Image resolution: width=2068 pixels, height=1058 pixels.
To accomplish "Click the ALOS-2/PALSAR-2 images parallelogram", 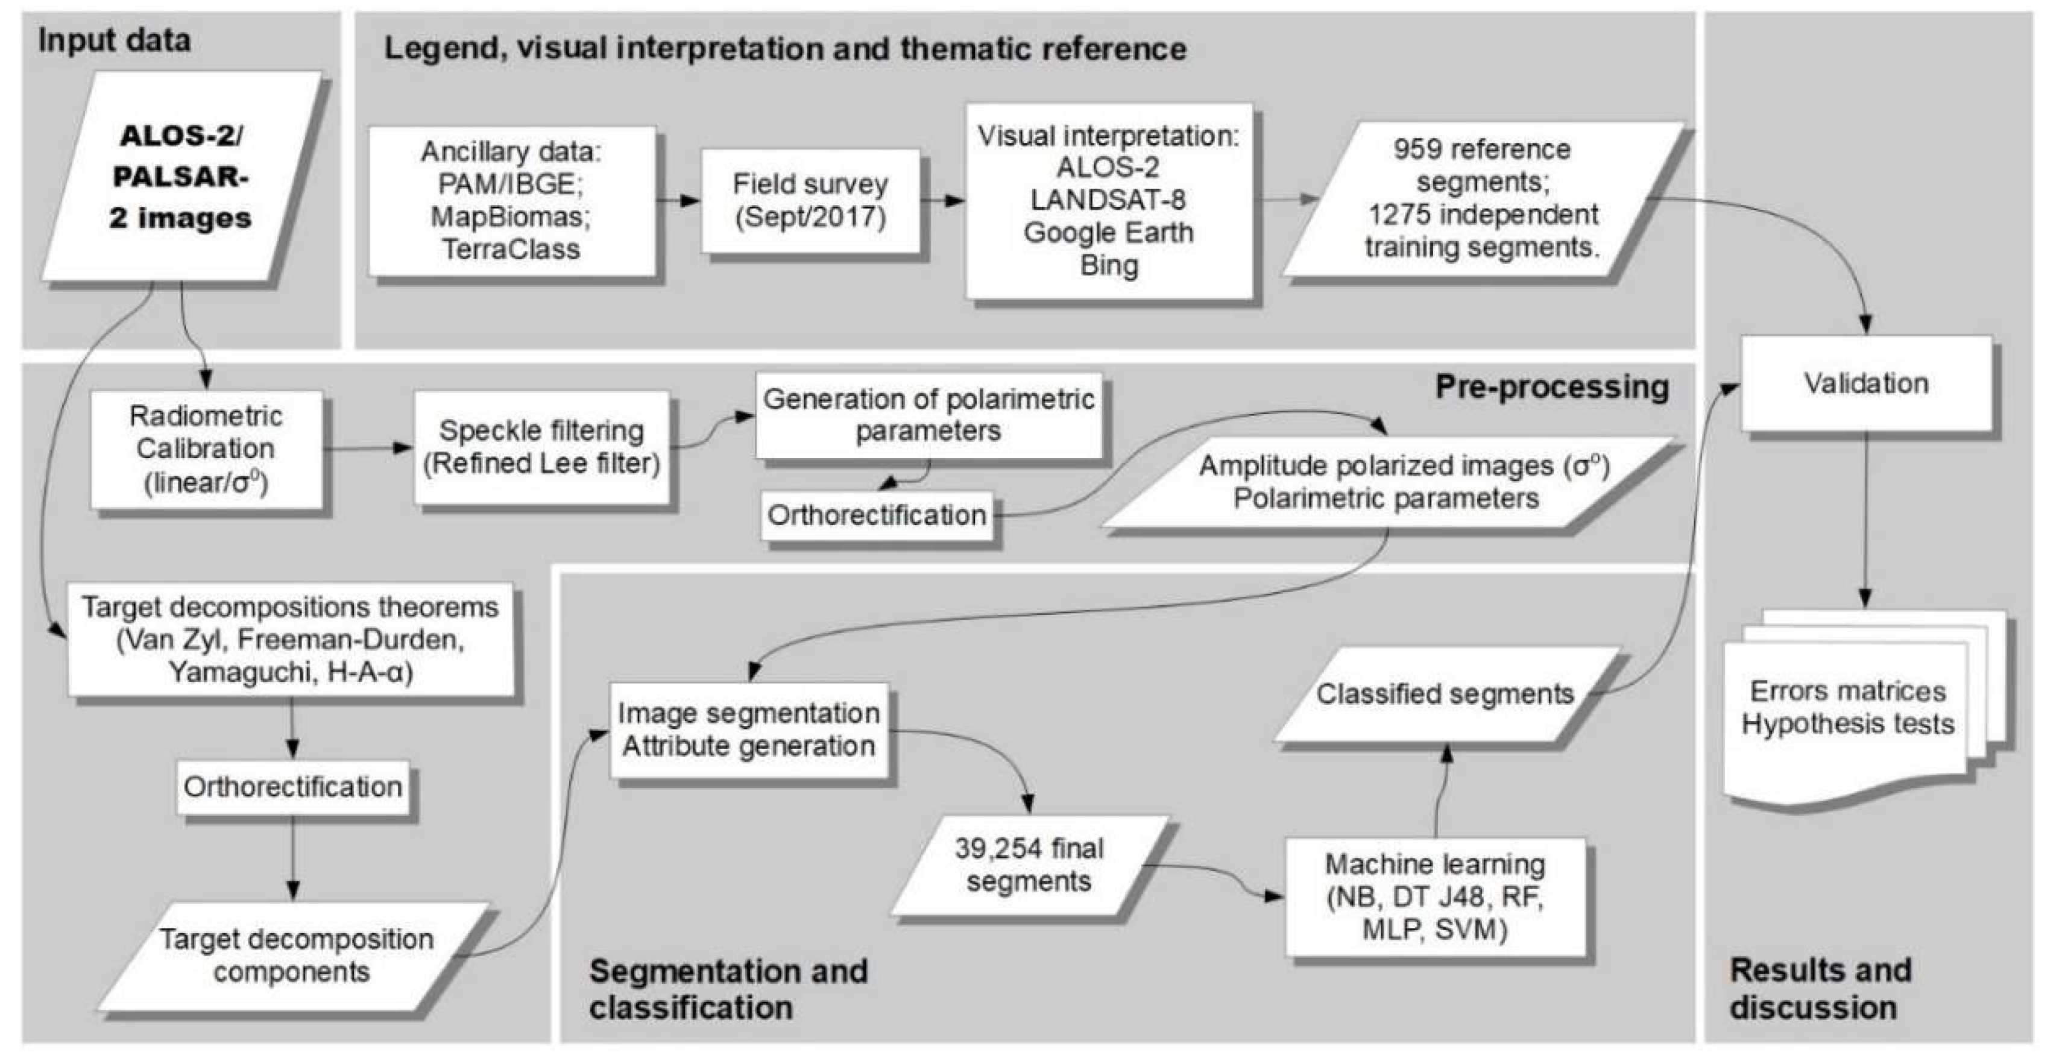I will [x=181, y=176].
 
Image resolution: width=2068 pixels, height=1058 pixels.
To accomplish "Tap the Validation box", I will [x=1865, y=383].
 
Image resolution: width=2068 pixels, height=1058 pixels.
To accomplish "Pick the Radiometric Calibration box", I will [x=206, y=449].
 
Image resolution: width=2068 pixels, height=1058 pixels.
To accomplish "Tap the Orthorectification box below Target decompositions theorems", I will [x=292, y=787].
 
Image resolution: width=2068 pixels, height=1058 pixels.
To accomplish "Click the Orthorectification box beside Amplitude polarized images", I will [x=876, y=515].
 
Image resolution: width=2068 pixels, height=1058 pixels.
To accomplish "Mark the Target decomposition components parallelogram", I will [x=295, y=956].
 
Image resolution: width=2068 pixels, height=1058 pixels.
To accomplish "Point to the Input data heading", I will [x=114, y=40].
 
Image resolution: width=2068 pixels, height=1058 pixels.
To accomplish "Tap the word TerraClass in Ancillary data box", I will [x=511, y=250].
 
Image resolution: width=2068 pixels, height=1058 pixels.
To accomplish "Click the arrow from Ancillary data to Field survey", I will [x=678, y=201].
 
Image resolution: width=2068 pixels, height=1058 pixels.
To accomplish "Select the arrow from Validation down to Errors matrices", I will [x=1865, y=522].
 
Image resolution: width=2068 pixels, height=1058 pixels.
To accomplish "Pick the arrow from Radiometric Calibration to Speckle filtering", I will [x=368, y=448].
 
